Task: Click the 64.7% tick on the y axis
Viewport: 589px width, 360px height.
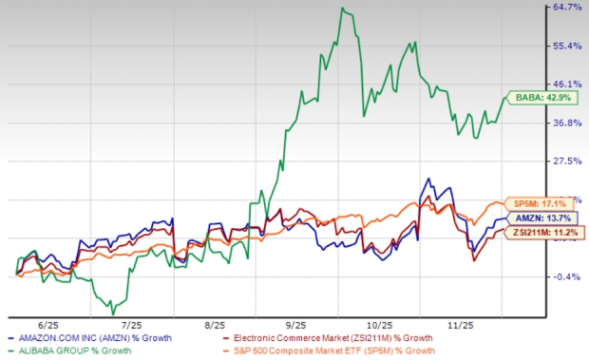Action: coord(559,8)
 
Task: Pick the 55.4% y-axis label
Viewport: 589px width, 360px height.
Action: coord(559,46)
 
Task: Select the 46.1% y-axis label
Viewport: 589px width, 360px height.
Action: coord(559,85)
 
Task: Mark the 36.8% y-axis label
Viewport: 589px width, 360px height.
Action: coord(559,123)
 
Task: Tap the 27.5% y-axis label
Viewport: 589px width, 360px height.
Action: coord(559,161)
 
